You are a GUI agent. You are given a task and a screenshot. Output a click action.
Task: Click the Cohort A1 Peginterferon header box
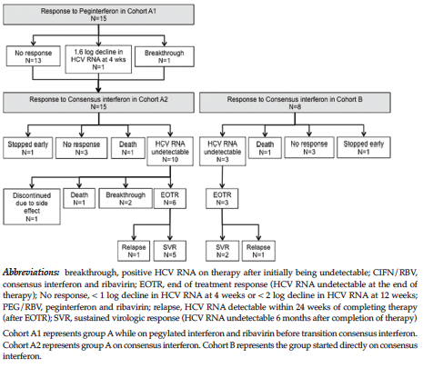coord(98,15)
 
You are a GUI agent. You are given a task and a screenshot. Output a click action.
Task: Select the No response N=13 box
coord(33,55)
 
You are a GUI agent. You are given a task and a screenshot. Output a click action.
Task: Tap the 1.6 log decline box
coord(98,59)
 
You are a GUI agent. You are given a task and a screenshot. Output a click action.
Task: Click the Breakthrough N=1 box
coord(164,56)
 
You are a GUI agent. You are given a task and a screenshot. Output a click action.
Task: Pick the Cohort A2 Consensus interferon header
coord(98,103)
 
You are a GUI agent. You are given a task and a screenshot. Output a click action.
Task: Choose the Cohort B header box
coord(295,103)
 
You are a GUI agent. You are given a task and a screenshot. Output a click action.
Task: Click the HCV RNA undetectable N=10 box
coord(170,151)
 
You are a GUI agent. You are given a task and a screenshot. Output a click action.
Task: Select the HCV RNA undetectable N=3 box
coord(222,151)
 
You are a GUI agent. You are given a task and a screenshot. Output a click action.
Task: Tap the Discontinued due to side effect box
coord(32,206)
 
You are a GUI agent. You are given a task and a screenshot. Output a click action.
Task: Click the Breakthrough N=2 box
coord(126,198)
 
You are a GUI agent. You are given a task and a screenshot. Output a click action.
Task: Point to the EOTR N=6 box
coord(170,198)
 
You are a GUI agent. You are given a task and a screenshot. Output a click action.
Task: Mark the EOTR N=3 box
coord(222,198)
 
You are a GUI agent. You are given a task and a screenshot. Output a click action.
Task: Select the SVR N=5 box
coord(170,251)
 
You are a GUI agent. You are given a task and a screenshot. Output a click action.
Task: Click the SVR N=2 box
coord(222,251)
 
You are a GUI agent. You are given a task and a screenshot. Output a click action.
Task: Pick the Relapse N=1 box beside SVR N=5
coord(134,251)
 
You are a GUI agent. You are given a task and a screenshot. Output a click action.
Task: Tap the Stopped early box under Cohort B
coord(364,147)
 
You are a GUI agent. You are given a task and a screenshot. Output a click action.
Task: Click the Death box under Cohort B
coord(265,147)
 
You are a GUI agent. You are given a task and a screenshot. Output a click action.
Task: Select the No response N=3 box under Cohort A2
coord(81,148)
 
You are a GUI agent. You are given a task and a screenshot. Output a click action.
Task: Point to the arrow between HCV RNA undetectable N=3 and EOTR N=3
coord(222,177)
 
